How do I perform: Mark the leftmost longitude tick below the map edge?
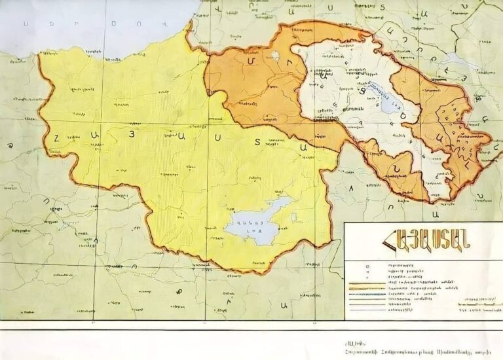[94, 322]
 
